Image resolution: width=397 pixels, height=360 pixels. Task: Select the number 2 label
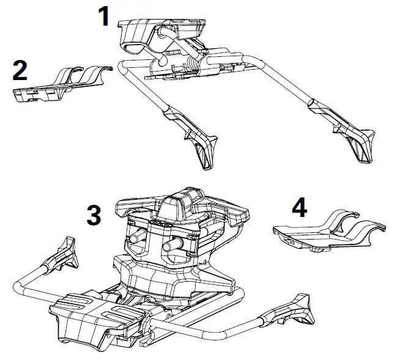point(20,70)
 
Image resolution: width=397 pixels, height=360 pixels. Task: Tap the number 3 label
point(94,215)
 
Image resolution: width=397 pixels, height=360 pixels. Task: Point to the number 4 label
point(299,208)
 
